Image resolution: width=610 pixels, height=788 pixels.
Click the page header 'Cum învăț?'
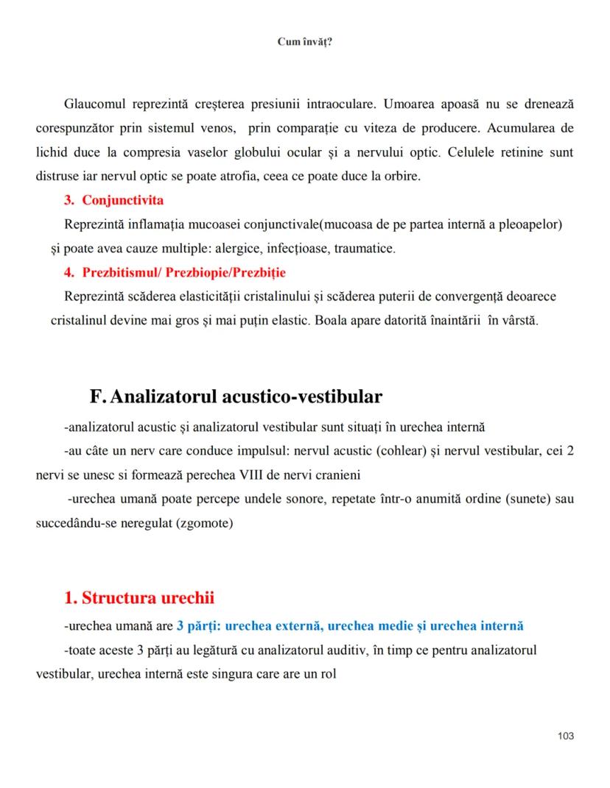(305, 42)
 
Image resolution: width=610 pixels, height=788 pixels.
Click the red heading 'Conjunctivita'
(123, 200)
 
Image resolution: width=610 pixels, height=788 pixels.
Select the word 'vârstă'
(521, 322)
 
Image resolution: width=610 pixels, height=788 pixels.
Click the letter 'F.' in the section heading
(98, 397)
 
